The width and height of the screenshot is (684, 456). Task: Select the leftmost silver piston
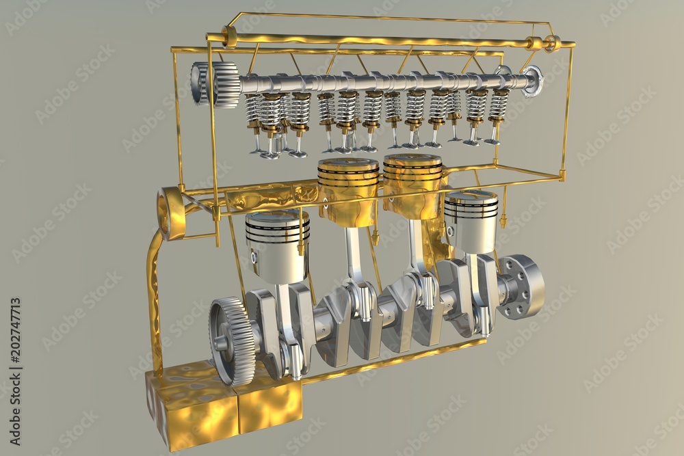(x=277, y=245)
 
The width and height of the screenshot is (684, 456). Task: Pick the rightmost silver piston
(x=471, y=222)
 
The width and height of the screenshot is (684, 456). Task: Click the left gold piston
(x=348, y=190)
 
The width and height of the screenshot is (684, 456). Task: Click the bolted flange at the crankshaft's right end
(x=523, y=286)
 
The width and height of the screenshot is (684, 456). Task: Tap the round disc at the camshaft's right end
(x=531, y=81)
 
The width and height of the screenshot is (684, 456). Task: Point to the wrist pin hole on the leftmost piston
(x=254, y=259)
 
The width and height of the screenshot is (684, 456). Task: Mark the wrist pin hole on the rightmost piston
(x=451, y=231)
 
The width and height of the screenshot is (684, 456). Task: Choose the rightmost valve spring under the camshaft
(x=499, y=103)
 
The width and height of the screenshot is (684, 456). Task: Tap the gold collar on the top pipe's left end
(x=230, y=36)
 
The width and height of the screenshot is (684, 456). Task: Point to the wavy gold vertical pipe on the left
(x=153, y=301)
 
